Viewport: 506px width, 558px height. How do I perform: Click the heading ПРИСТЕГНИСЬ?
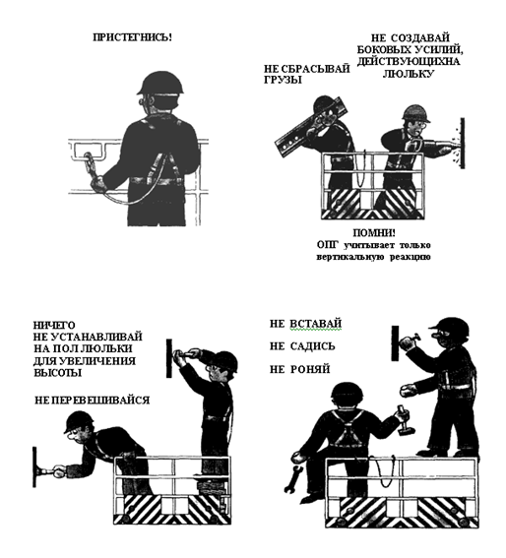click(x=132, y=37)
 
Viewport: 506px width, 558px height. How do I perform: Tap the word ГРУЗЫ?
click(x=283, y=80)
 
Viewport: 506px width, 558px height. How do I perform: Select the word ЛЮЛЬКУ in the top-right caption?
click(x=409, y=74)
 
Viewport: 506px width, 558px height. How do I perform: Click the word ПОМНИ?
click(x=374, y=233)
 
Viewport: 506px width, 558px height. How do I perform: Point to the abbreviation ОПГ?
click(x=326, y=245)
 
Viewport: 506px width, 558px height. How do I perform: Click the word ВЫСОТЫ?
click(x=58, y=373)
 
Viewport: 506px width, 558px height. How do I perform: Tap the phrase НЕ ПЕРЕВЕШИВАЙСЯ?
click(x=92, y=400)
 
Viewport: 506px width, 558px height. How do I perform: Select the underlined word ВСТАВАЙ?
click(x=315, y=324)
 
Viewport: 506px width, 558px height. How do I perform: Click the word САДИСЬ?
click(x=312, y=346)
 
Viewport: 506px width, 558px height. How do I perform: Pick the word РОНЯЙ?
click(x=310, y=369)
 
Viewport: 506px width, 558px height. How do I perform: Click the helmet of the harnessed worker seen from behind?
click(x=160, y=84)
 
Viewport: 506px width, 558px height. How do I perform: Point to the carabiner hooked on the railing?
click(x=89, y=162)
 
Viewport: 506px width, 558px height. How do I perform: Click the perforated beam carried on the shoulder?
click(x=310, y=127)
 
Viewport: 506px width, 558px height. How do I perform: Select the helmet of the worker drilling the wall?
click(x=414, y=113)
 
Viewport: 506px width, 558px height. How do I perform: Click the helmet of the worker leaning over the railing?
click(x=79, y=421)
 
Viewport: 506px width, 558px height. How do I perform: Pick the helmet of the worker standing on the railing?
click(x=448, y=327)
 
